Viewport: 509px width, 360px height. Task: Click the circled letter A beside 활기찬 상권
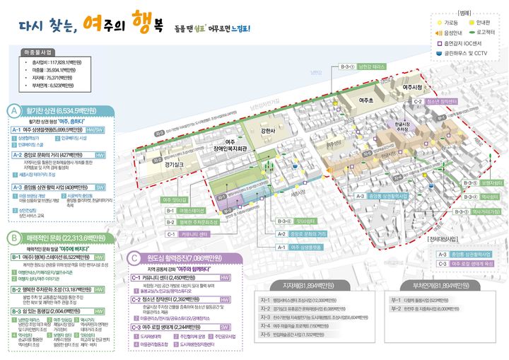tap(13, 111)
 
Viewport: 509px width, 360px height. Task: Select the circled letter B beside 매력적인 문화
tap(13, 238)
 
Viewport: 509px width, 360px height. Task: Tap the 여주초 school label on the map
tap(365, 100)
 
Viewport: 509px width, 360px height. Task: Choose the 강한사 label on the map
tap(287, 130)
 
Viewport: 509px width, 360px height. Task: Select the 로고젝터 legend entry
tap(484, 32)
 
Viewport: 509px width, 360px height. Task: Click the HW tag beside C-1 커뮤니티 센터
tap(225, 278)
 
